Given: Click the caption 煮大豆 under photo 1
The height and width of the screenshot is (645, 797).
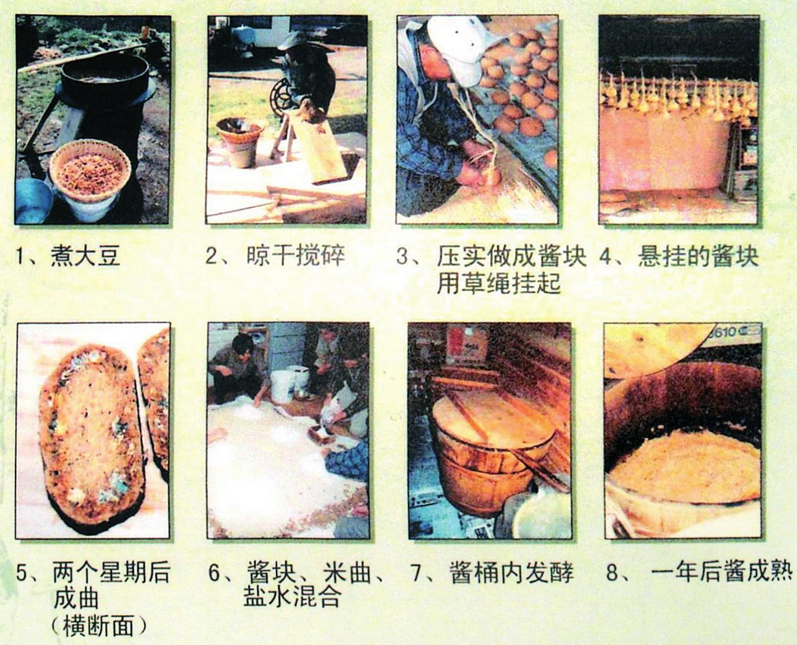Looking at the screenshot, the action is pos(85,256).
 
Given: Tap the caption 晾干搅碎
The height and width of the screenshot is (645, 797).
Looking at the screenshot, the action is pos(296,256).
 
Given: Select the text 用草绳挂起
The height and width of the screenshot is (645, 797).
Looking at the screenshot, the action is pos(498,283).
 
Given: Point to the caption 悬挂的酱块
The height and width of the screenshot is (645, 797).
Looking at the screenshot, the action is pos(698,256).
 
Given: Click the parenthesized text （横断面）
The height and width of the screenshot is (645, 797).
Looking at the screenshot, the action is pos(98,625).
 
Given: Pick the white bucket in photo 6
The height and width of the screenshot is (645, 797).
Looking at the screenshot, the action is pos(285,385).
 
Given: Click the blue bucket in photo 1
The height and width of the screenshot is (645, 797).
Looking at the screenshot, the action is pos(33,201).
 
